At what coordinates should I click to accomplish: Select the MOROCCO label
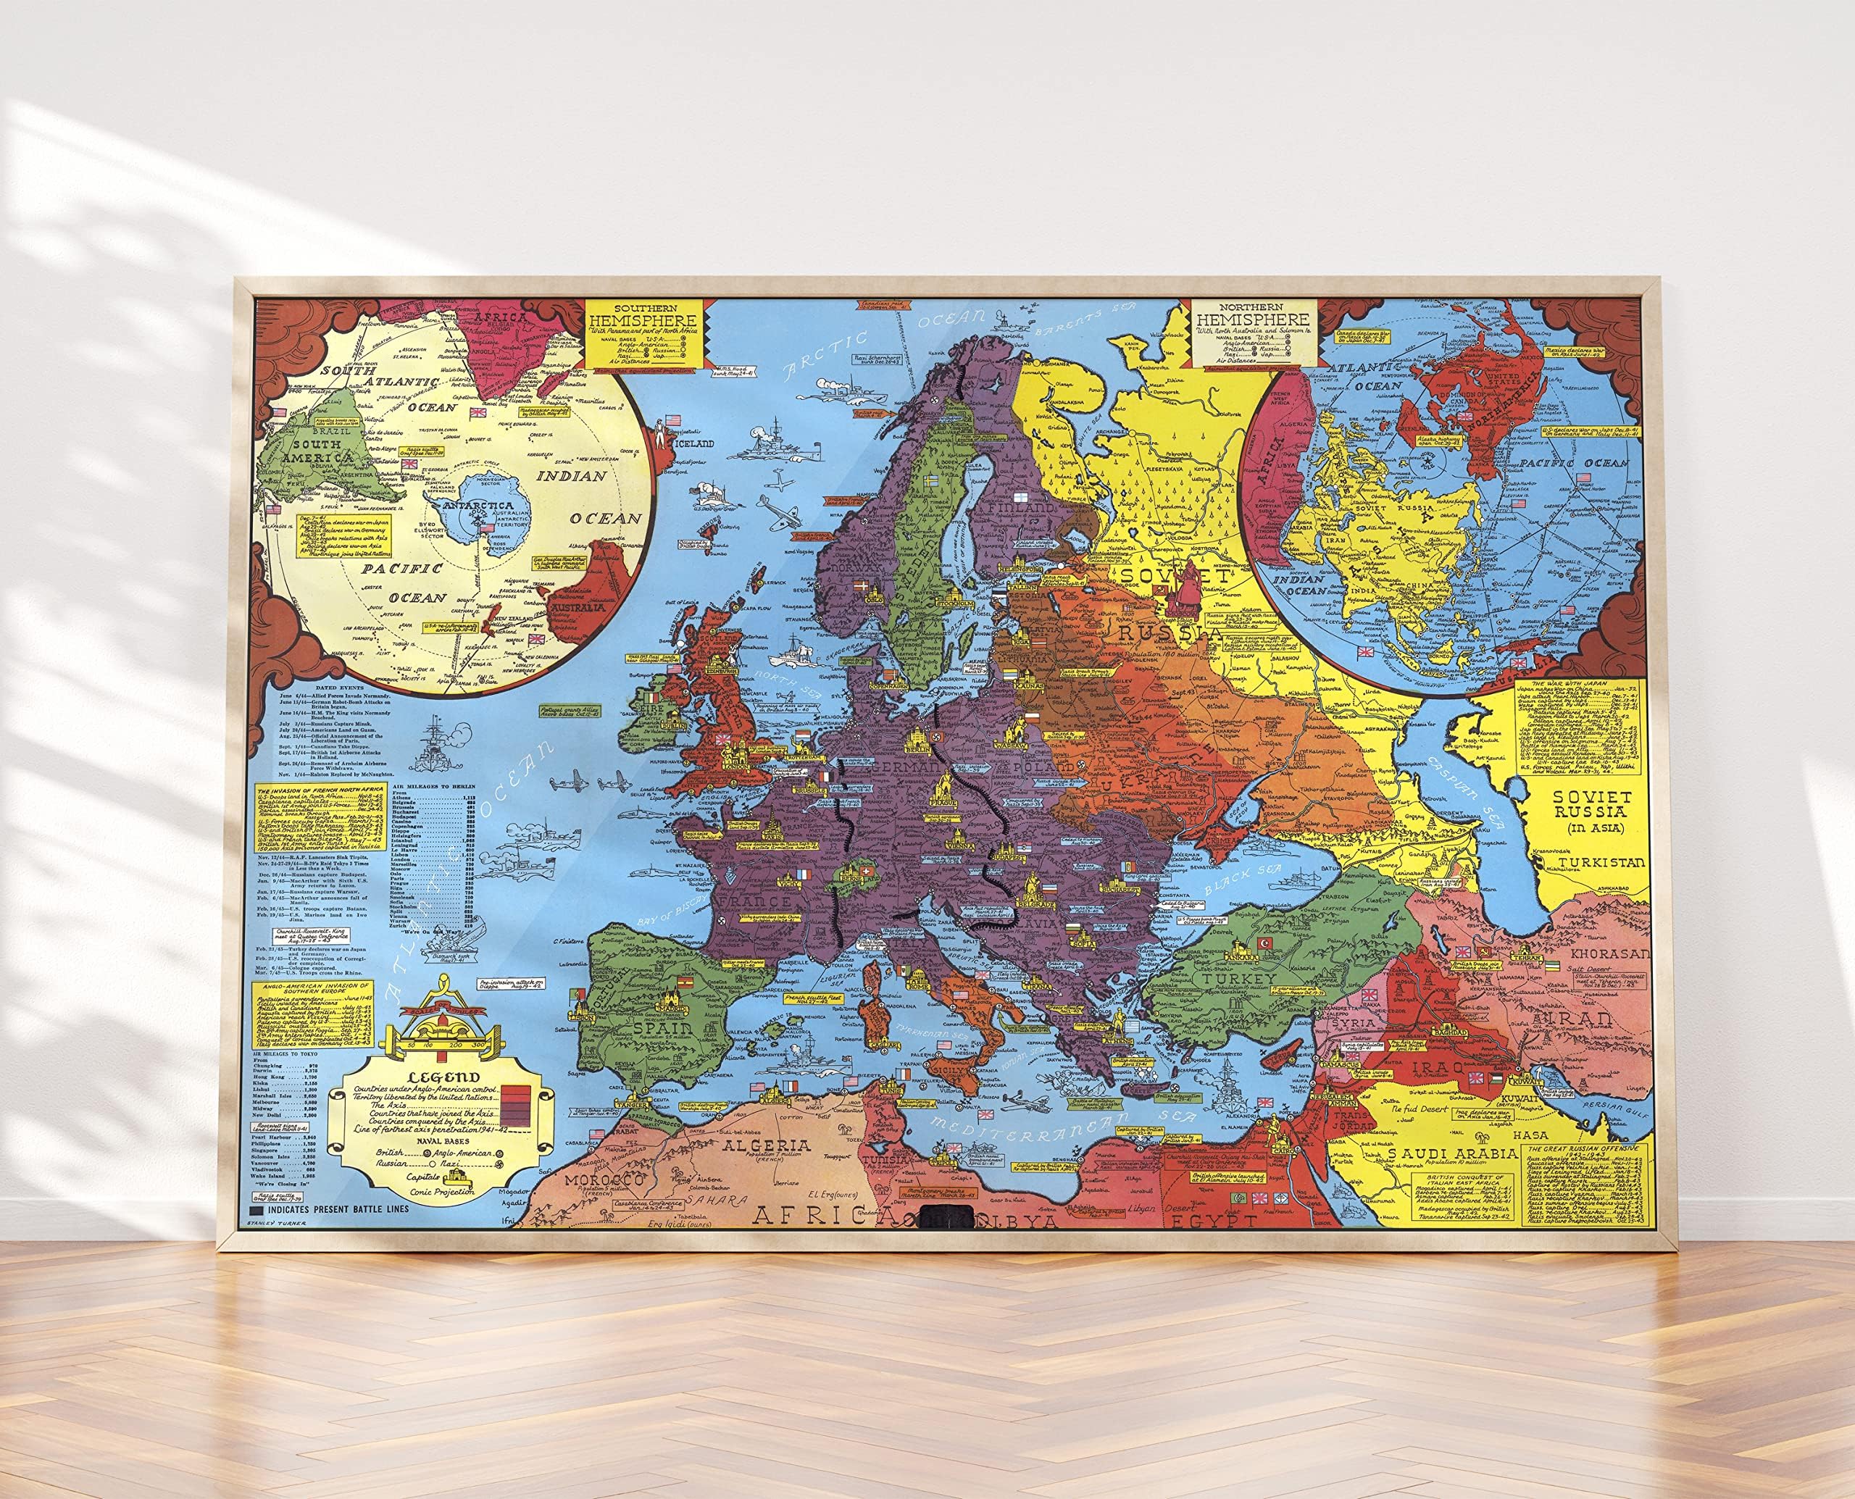[604, 1179]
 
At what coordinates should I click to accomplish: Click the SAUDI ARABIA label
[1451, 1153]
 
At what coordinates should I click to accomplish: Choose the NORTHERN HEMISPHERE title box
[1254, 333]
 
